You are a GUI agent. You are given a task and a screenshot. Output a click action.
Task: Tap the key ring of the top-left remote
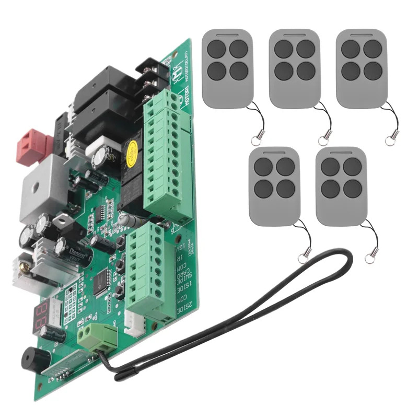[255, 140]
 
